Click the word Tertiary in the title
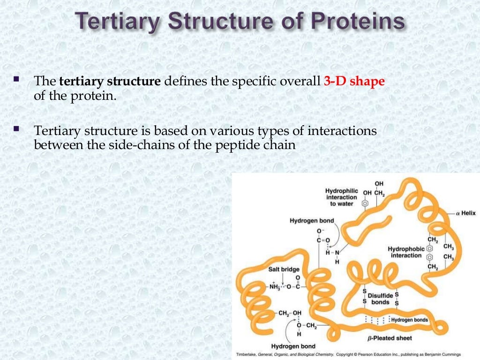coord(118,22)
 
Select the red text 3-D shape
coord(354,81)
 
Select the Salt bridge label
coord(283,269)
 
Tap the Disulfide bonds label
coord(380,299)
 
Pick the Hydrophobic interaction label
coord(405,252)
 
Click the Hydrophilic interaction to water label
coord(342,197)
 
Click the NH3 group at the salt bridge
coord(274,286)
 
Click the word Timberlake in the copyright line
coord(249,354)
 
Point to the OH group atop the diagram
coord(378,183)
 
